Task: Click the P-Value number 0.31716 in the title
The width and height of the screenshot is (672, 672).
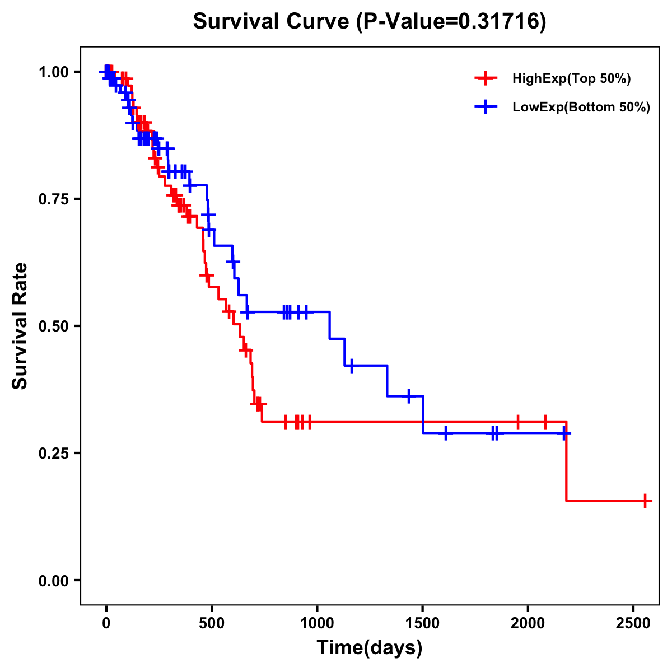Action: point(500,22)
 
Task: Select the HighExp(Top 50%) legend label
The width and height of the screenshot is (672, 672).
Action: point(571,79)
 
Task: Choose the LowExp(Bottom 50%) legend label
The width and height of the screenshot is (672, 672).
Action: point(581,108)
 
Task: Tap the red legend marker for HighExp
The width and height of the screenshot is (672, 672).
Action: point(486,78)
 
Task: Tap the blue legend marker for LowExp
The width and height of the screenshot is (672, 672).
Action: point(486,107)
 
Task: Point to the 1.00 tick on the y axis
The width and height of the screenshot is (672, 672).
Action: point(53,72)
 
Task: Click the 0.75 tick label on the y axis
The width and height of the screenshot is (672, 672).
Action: point(53,199)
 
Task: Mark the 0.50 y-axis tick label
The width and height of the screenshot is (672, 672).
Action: point(53,326)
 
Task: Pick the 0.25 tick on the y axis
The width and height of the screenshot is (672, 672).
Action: point(53,453)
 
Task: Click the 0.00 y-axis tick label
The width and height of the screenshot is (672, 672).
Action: point(53,580)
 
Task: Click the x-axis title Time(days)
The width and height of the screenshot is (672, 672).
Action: point(369,648)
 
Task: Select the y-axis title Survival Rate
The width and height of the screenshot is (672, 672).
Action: point(20,325)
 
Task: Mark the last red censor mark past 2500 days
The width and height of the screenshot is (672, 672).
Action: point(646,501)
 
